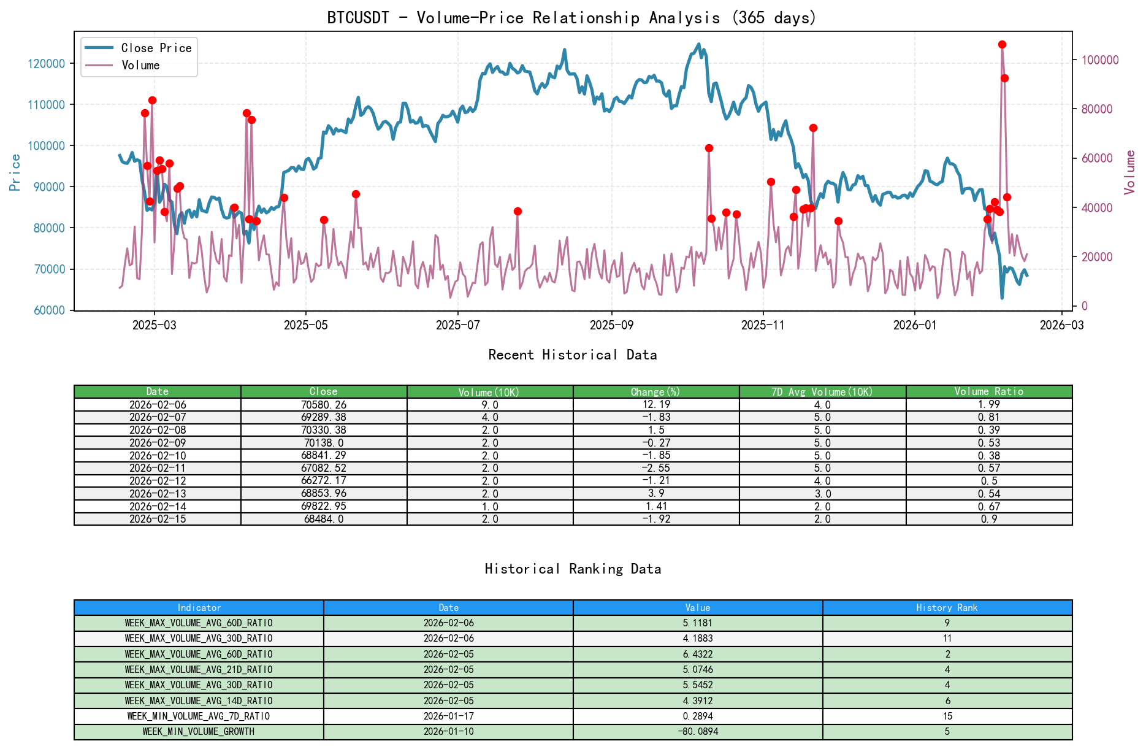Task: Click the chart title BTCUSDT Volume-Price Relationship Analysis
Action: pos(571,17)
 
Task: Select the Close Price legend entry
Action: pos(156,48)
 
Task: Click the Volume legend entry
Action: pos(140,65)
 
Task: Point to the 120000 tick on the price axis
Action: pos(46,64)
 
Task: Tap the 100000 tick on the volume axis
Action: pos(1100,60)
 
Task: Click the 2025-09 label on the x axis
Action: pos(611,325)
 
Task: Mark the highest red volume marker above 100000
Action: pos(1002,45)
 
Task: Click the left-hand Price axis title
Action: pos(15,172)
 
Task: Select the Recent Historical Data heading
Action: pos(572,355)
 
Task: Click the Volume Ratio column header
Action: pos(988,391)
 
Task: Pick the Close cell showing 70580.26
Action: pos(323,405)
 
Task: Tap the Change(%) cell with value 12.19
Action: pos(655,405)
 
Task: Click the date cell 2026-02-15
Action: pos(157,519)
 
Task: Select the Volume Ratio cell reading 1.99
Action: pos(988,405)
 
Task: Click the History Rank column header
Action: pos(947,608)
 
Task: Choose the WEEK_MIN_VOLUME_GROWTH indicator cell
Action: pos(198,732)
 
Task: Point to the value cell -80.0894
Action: pos(697,732)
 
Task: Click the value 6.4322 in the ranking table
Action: pos(697,655)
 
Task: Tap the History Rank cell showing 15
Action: pos(947,716)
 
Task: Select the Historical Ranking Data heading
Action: pos(572,569)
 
